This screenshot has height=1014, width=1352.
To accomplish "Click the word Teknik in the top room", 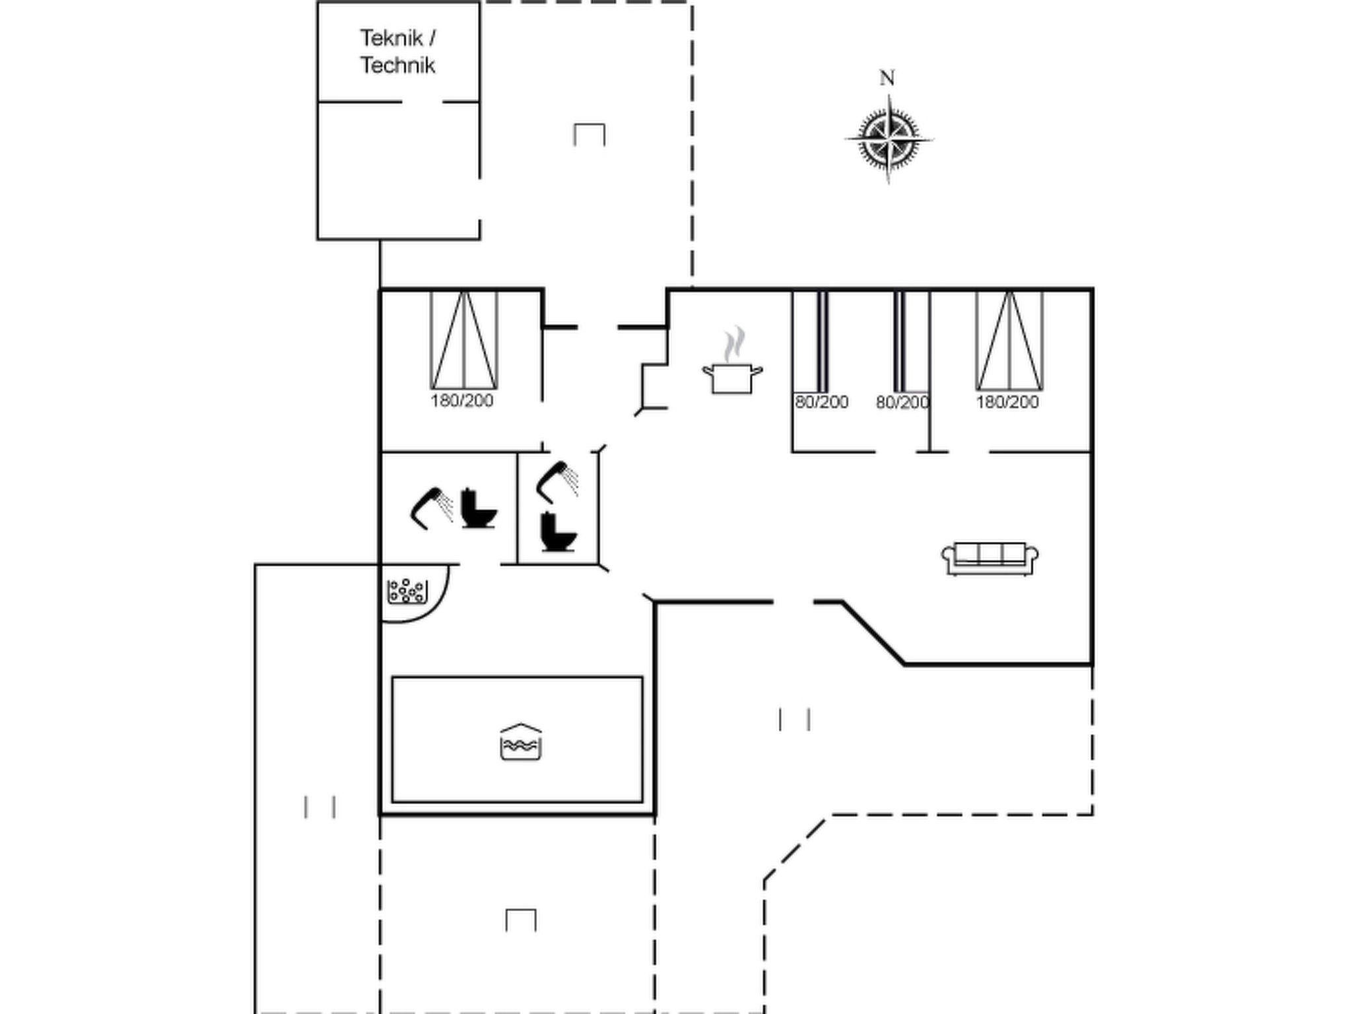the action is [x=391, y=38].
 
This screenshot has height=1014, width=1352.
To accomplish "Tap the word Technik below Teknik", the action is [x=397, y=65].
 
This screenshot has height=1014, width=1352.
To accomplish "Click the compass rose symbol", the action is [x=889, y=139].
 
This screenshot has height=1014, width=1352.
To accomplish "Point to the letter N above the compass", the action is [x=887, y=78].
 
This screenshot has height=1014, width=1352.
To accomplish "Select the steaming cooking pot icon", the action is [x=732, y=361].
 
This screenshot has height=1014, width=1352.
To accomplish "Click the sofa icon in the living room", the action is [x=990, y=558].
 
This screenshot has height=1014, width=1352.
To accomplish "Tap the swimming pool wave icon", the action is [x=521, y=741].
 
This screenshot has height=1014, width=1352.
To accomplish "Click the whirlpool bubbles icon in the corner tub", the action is [x=407, y=591].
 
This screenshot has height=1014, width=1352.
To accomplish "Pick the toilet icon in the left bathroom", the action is [x=478, y=508].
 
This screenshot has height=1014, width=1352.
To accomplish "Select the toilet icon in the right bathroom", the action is [x=558, y=531].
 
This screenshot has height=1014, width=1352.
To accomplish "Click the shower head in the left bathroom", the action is [x=432, y=508].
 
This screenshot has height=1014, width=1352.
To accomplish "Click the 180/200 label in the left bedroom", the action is [x=462, y=401].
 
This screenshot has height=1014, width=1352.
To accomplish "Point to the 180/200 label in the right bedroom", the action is [x=1007, y=402].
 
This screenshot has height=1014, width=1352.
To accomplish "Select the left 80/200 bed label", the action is [x=821, y=402].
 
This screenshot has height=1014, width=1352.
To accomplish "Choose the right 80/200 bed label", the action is [x=902, y=402].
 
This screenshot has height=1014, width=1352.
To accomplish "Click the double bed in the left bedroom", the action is [x=464, y=340].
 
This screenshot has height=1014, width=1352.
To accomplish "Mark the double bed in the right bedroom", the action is [x=1010, y=341].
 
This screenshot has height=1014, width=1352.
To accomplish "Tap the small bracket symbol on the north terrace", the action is [x=590, y=135].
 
